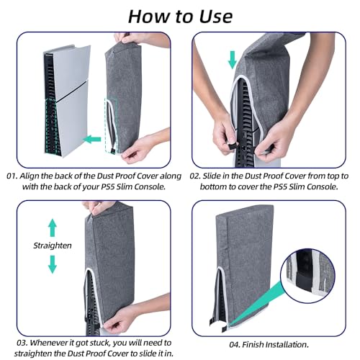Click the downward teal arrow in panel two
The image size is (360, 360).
click(232, 59)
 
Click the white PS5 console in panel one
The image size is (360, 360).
click(65, 94)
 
